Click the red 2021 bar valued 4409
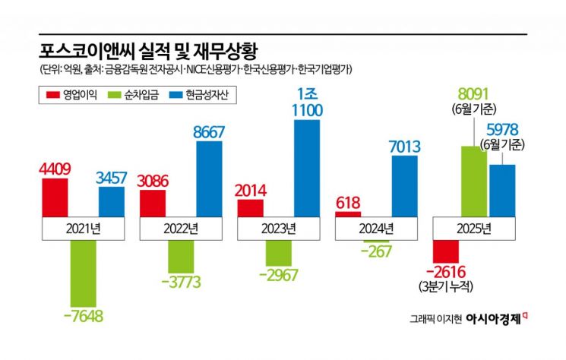(x=55, y=198)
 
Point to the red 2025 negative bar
(x=446, y=250)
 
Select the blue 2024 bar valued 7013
(x=404, y=187)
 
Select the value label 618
(x=347, y=203)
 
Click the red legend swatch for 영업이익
(x=52, y=95)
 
